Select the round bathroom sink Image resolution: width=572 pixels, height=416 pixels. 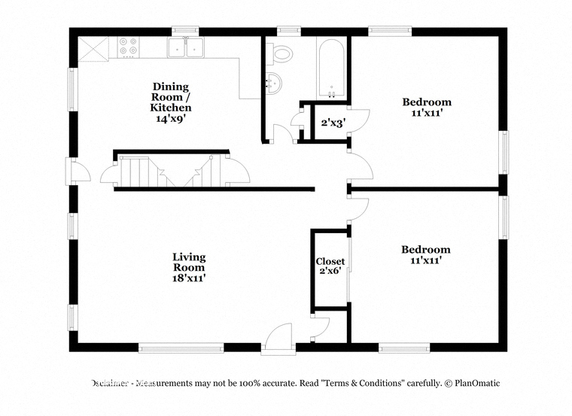click(273, 83)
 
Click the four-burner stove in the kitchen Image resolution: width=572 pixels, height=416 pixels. click(128, 47)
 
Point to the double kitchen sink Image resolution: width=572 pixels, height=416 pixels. click(186, 47)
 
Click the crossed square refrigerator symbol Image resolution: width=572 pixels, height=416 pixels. click(94, 49)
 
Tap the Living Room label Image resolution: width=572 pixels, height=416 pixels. click(189, 268)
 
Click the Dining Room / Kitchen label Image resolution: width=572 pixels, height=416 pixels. click(171, 102)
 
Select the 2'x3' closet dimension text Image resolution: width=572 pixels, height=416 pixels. click(331, 123)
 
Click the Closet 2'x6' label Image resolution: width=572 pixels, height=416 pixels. click(330, 266)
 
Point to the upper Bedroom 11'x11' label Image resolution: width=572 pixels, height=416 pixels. click(427, 107)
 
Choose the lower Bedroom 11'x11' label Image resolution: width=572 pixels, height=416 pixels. click(426, 254)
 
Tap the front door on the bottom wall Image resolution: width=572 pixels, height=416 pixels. click(278, 339)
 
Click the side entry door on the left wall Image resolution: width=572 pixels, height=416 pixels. click(78, 170)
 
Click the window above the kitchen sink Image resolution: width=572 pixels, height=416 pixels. click(185, 31)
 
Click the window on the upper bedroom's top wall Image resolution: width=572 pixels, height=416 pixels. click(390, 31)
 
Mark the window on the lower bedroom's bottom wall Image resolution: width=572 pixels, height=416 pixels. click(404, 348)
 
